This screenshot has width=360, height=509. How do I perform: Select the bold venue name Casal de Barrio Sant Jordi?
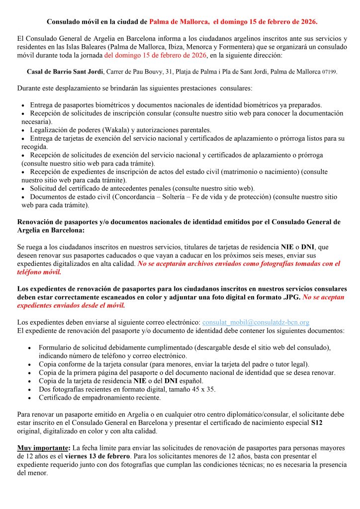coord(65,72)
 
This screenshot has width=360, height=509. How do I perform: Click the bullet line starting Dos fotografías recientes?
coord(127,389)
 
